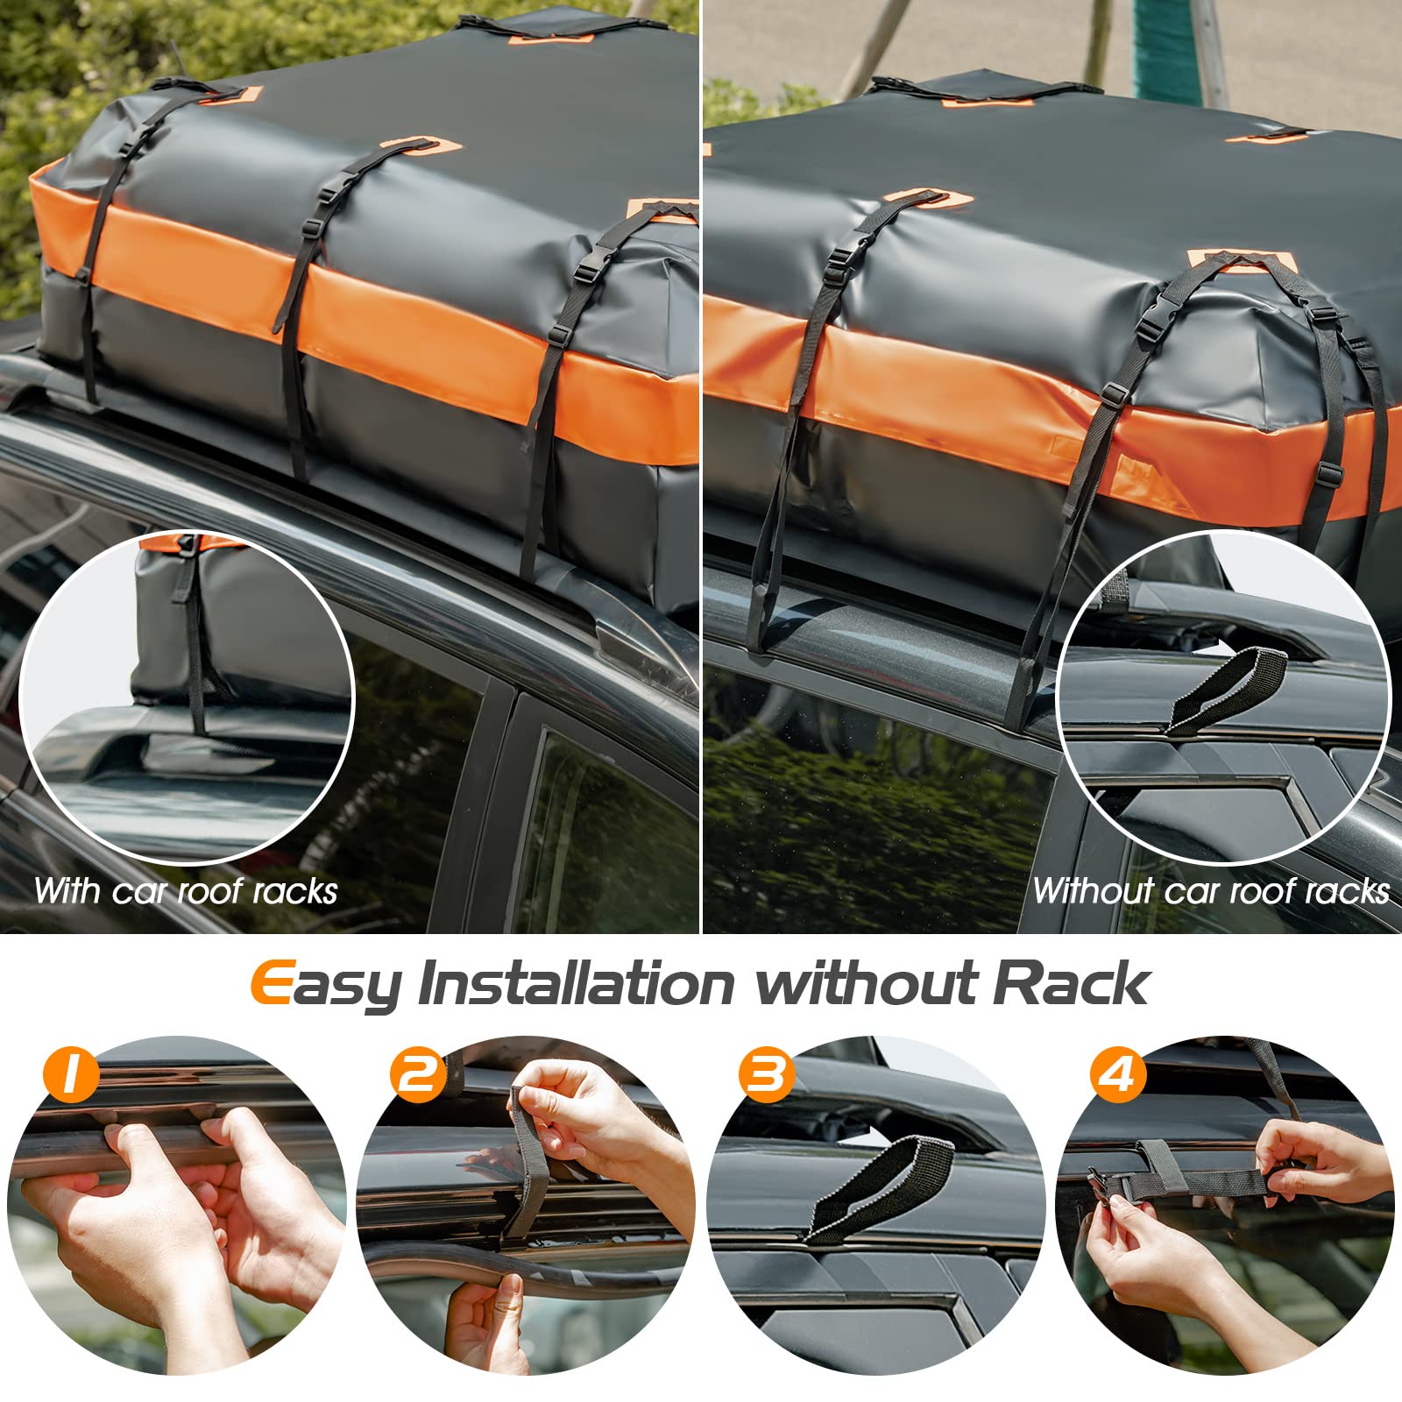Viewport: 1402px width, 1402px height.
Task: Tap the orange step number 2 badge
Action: point(418,1073)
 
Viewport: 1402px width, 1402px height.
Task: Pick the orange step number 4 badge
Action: point(1116,1073)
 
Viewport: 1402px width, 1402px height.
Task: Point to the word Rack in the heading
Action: point(1070,983)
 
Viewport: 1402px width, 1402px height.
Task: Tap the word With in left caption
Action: point(67,891)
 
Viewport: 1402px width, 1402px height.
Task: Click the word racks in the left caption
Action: point(294,892)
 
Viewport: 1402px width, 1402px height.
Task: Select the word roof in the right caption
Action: point(1259,891)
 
